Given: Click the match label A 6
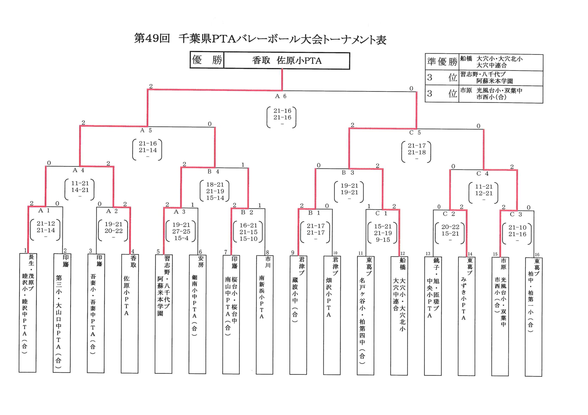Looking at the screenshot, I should [281, 96].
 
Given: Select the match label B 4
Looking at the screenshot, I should [213, 172].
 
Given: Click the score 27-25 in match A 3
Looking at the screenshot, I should [181, 231].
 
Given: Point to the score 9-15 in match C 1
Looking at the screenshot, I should [383, 240].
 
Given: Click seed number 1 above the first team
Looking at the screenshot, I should [25, 250].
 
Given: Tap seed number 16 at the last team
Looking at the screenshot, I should [537, 255].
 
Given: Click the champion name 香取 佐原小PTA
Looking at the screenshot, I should [287, 61].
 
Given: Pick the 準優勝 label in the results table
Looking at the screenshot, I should [442, 62].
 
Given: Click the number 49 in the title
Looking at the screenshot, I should [152, 38].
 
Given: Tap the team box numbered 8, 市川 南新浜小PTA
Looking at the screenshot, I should [265, 315].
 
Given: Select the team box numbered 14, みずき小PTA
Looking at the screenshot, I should [466, 316].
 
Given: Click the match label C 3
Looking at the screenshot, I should [516, 215].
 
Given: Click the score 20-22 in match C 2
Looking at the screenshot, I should [450, 227].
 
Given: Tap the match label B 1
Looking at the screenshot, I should [314, 213].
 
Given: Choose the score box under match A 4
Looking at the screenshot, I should [80, 190].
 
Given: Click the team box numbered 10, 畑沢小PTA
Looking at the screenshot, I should [332, 315].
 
